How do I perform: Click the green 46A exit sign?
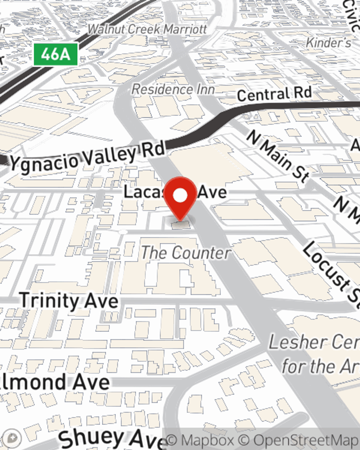pyautogui.click(x=55, y=54)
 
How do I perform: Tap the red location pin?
pyautogui.click(x=180, y=198)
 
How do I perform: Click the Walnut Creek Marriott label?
pyautogui.click(x=148, y=29)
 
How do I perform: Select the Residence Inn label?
pyautogui.click(x=173, y=89)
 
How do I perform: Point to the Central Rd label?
pyautogui.click(x=274, y=94)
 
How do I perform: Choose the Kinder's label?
pyautogui.click(x=328, y=43)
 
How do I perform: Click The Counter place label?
pyautogui.click(x=186, y=253)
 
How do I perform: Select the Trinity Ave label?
pyautogui.click(x=69, y=301)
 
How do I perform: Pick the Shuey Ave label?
pyautogui.click(x=112, y=438)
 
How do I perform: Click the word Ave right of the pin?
pyautogui.click(x=212, y=192)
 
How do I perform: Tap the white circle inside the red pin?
pyautogui.click(x=180, y=195)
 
